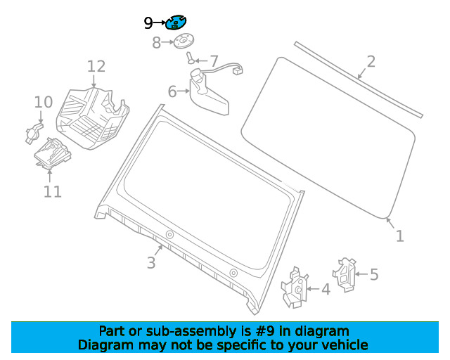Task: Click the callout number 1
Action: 399,236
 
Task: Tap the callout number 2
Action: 371,61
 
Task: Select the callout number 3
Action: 151,263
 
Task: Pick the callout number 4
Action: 325,288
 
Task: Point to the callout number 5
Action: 374,274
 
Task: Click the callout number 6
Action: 172,91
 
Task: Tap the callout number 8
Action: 156,44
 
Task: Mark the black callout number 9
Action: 148,23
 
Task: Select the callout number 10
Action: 43,102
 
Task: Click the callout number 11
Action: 53,191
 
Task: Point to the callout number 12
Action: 96,66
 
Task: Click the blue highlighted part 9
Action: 176,23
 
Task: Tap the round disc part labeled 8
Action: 184,42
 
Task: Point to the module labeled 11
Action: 50,153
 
